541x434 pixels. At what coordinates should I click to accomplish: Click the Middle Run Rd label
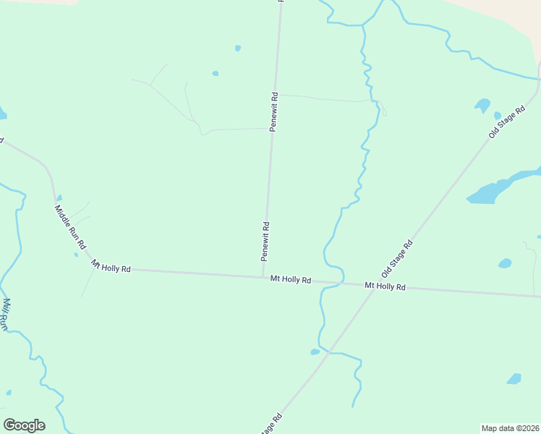point(70,229)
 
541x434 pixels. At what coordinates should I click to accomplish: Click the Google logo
point(24,425)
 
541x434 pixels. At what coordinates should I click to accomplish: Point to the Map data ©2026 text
point(511,427)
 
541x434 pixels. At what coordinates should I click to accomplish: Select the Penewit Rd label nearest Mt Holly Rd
point(265,242)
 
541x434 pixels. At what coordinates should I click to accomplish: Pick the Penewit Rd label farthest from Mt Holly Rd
point(273,111)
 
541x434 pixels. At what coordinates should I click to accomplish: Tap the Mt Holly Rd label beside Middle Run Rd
point(111,267)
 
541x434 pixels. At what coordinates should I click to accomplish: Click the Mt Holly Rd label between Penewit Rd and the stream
point(291,279)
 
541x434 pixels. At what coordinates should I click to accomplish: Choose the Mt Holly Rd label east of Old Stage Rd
point(385,286)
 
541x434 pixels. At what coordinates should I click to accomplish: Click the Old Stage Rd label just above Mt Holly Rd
point(397,258)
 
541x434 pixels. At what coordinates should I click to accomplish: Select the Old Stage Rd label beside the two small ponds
point(506,123)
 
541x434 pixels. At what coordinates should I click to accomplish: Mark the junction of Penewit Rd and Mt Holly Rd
point(263,276)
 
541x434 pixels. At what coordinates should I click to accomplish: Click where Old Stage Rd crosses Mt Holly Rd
point(371,285)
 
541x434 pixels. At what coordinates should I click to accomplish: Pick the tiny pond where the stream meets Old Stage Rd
point(315,352)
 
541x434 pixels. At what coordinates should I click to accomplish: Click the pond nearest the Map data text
point(514,379)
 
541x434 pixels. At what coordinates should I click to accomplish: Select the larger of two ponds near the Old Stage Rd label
point(482,106)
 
